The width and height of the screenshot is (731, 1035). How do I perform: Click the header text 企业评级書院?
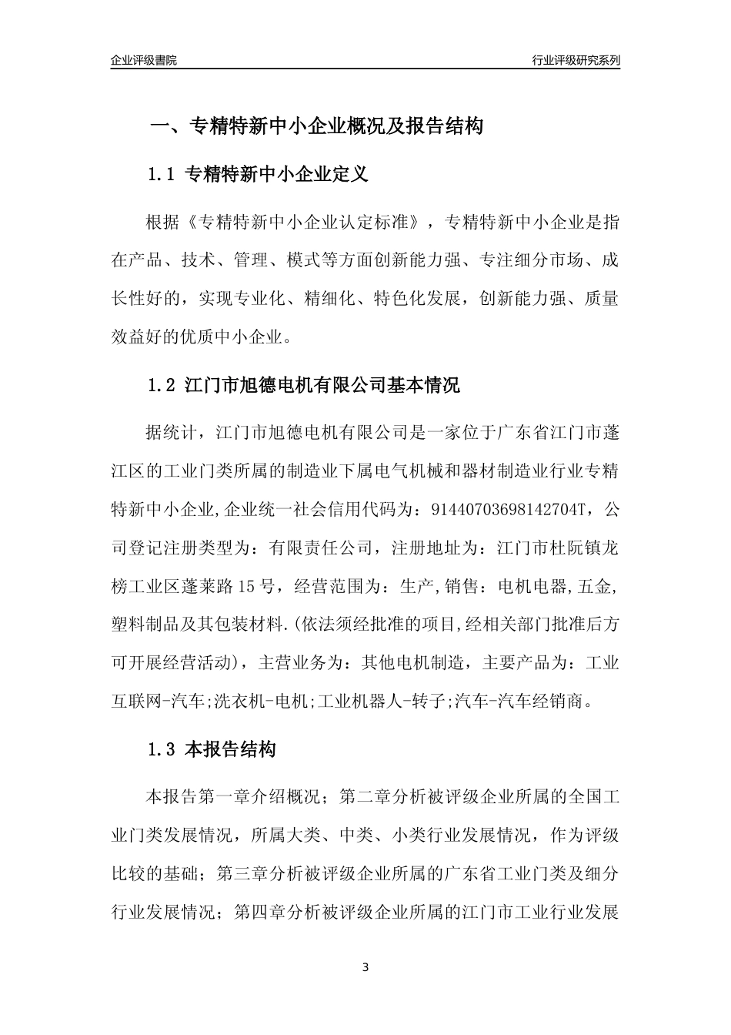pyautogui.click(x=144, y=60)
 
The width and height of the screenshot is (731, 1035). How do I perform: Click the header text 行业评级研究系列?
pyautogui.click(x=576, y=60)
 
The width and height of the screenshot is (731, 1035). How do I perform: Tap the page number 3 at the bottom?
pyautogui.click(x=365, y=967)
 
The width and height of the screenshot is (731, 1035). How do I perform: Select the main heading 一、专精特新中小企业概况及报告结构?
pyautogui.click(x=315, y=126)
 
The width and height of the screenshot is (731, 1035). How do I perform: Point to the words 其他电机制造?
pyautogui.click(x=414, y=662)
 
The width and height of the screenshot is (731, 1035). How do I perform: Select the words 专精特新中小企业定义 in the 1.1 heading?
pyautogui.click(x=278, y=175)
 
